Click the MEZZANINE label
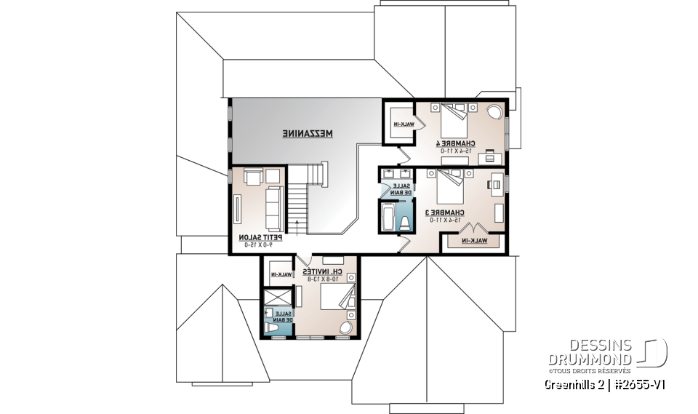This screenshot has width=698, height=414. pos(308,134)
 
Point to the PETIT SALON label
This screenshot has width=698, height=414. pos(260,240)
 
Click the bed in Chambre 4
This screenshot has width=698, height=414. pos(452,116)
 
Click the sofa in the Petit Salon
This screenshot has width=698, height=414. pos(275,208)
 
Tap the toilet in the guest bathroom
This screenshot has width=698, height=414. pos(273,329)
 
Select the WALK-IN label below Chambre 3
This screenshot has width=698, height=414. pos(474,240)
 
